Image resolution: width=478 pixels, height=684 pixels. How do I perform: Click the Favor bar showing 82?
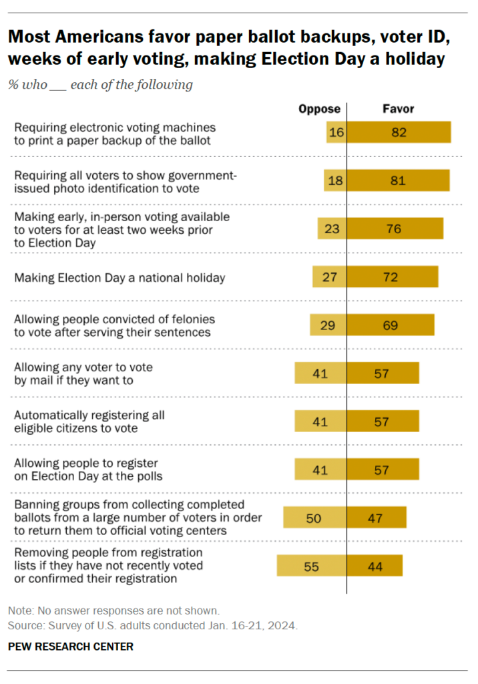coord(399,132)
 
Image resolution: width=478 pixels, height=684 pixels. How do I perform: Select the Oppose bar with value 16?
coord(336,132)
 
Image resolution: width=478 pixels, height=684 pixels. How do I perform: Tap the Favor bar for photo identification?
coord(398,180)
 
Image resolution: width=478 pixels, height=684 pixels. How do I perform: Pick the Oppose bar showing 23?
coord(332,228)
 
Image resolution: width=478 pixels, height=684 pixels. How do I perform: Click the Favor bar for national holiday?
coord(393,277)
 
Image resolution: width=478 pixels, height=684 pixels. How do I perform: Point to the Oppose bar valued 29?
coord(328,325)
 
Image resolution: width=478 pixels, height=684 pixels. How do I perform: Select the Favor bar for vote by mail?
coord(383,373)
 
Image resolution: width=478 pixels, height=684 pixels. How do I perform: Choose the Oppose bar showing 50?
coord(314,518)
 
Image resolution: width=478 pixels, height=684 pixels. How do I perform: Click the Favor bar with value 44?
coord(375,566)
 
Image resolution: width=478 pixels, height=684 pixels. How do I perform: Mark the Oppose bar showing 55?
coord(311,566)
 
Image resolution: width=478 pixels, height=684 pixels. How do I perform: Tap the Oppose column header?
coord(319,109)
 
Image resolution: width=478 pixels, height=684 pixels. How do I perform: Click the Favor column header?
coord(398,109)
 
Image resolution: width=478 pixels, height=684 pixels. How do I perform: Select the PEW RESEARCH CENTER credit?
coord(71,646)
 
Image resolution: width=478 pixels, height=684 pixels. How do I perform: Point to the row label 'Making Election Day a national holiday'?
coord(120,277)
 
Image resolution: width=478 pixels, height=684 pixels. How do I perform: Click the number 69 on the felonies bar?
coord(391,325)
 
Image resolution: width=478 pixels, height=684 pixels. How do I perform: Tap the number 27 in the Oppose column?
coord(330,277)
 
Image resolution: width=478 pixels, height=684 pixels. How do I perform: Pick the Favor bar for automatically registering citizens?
coord(383,421)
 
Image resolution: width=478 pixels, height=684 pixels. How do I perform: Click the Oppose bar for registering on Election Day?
coord(320,469)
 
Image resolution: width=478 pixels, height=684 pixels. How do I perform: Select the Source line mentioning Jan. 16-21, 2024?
coord(153,626)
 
